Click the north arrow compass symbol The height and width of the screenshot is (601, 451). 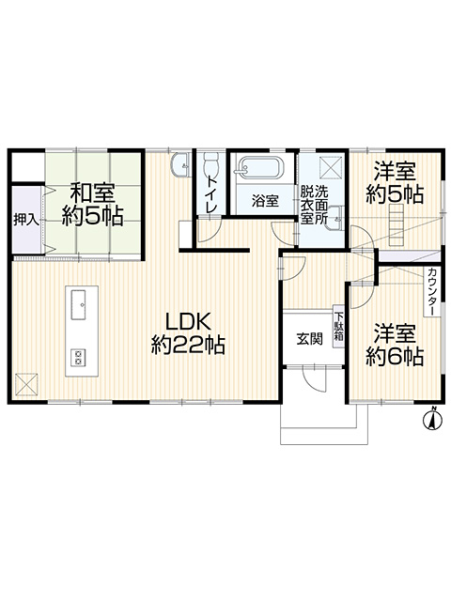pos(432,418)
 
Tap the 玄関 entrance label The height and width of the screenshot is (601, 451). pos(309,339)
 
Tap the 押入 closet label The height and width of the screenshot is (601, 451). pos(26,220)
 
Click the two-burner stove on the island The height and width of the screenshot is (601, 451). pos(79,358)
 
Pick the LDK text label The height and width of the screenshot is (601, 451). pos(188,321)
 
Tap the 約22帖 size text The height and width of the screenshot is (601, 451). pos(188,345)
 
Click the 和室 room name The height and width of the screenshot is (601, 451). pos(92,193)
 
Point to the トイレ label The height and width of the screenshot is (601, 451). pos(211,194)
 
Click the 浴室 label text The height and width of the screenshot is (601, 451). pos(265,200)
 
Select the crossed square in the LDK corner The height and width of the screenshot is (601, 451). pos(27,385)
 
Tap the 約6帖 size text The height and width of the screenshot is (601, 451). pos(395,357)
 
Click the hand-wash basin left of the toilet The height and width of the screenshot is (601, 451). pos(181,165)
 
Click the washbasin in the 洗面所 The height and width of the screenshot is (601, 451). pos(334,219)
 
